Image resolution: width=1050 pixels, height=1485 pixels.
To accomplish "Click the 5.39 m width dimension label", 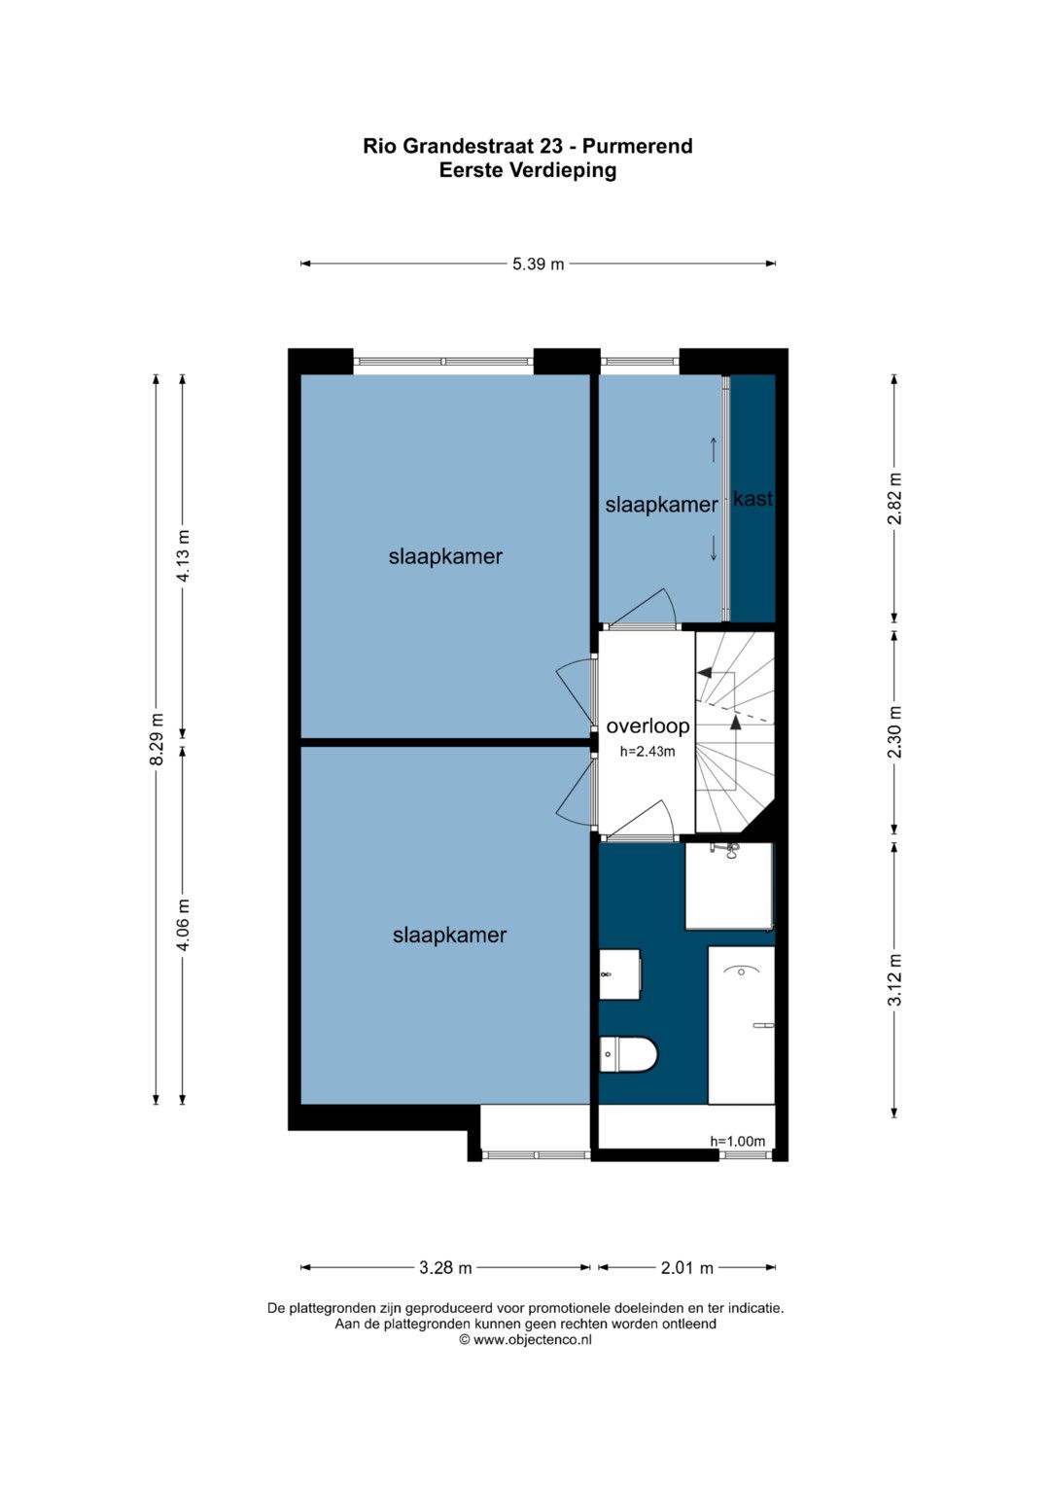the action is [x=538, y=264].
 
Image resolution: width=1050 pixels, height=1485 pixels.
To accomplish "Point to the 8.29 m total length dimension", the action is [x=157, y=738].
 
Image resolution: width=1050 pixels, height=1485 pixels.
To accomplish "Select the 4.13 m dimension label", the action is [x=183, y=555].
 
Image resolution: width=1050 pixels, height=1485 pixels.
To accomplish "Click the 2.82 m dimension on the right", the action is [x=894, y=498].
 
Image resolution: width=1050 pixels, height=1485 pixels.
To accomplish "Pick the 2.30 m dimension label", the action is [x=894, y=732].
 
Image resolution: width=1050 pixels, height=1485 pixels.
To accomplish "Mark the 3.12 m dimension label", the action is [x=894, y=979].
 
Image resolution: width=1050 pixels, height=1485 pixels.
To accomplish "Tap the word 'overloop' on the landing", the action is [x=647, y=726].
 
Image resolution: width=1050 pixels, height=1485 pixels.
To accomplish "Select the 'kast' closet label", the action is [x=753, y=499].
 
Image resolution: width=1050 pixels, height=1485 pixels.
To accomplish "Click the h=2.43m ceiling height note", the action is [x=647, y=752].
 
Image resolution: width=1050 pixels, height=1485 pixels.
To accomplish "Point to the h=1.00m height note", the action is [x=737, y=1141].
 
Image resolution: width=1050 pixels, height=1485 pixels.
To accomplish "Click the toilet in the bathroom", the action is [x=628, y=1054].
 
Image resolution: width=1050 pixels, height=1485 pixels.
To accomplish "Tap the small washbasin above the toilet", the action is [x=620, y=974].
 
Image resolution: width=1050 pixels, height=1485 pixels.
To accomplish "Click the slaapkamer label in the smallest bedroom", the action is [x=661, y=505].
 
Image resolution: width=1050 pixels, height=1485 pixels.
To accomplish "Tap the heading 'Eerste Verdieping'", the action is [x=528, y=170].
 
